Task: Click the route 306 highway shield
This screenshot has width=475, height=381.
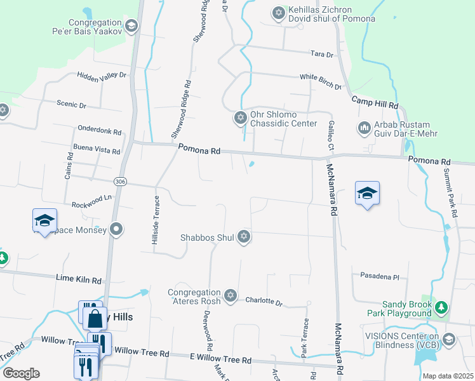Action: coord(121,182)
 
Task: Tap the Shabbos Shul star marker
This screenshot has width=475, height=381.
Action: coord(243,237)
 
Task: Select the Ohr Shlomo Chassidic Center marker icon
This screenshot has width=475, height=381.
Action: coord(240,117)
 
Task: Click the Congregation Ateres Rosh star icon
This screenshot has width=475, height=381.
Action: coord(231,296)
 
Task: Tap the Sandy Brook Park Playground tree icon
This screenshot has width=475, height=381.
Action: coord(441,308)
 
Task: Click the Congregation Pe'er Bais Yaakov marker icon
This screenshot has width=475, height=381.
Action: coord(131,25)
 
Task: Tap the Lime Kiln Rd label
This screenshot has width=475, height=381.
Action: coord(79,279)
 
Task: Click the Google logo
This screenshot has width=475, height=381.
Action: coord(21,373)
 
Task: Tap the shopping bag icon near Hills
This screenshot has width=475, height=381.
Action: coord(95,318)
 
